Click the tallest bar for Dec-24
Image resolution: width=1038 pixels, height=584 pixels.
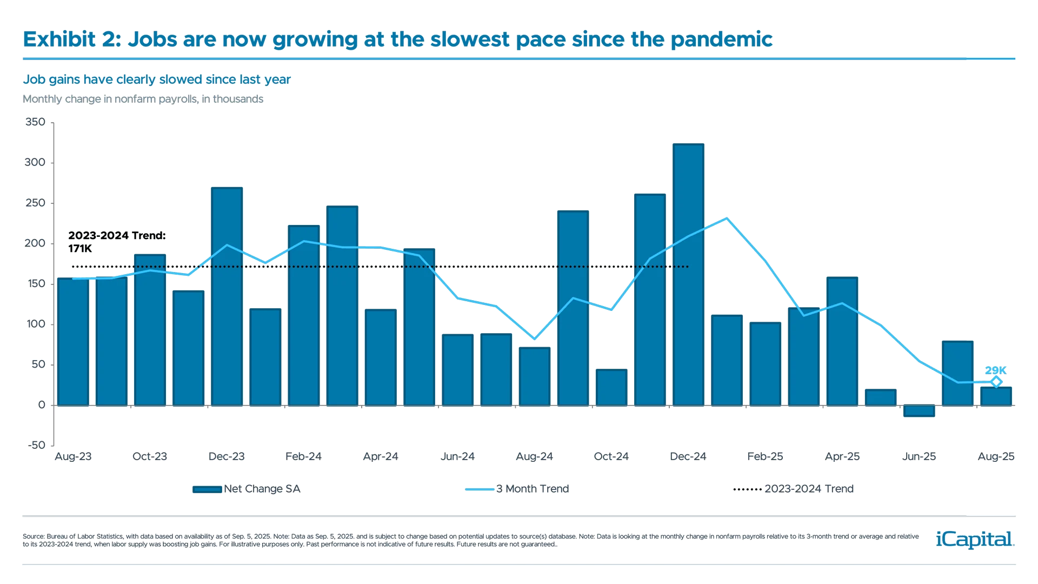click(688, 274)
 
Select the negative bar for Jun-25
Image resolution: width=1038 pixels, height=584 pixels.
click(919, 410)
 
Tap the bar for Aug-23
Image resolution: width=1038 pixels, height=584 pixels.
click(73, 341)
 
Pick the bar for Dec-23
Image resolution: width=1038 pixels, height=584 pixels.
click(227, 296)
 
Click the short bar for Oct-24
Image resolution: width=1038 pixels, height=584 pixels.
click(611, 387)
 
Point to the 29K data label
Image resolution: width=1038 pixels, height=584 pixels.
click(996, 370)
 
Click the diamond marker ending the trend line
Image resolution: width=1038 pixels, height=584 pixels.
click(996, 382)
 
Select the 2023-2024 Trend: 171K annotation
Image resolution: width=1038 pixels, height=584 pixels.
click(117, 242)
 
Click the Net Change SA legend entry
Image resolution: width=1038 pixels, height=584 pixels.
click(247, 489)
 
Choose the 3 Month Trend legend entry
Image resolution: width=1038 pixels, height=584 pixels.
click(517, 489)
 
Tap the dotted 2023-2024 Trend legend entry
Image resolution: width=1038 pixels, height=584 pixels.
click(794, 489)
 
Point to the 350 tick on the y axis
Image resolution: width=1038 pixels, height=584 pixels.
click(36, 122)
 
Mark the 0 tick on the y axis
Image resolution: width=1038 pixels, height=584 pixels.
click(42, 404)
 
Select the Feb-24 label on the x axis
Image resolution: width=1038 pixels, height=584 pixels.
click(303, 456)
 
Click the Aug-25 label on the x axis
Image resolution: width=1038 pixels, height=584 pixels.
click(996, 456)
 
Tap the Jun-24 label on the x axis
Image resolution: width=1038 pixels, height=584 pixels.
click(458, 456)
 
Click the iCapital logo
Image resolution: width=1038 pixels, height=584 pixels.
click(973, 539)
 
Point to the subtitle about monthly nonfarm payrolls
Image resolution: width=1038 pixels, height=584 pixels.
click(143, 99)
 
